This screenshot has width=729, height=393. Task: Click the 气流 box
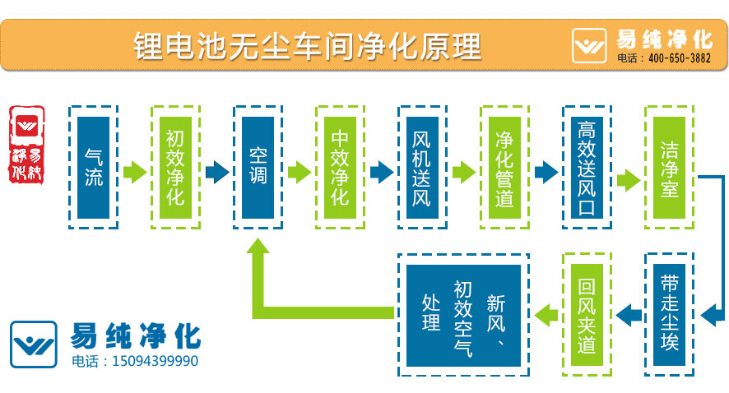coord(93,167)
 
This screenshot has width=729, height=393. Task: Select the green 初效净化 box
coord(175,167)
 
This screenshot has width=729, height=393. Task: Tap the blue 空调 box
coord(258,167)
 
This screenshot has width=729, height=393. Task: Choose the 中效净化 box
coord(340,167)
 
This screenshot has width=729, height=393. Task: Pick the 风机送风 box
coord(422,167)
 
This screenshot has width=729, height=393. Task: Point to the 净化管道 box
coord(504,167)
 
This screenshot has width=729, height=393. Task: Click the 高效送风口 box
coord(587,167)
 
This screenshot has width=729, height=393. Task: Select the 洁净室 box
coord(669,167)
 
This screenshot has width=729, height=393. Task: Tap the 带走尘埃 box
coord(669,314)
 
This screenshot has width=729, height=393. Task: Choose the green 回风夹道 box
coord(587,314)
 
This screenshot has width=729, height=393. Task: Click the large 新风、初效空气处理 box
coord(463,314)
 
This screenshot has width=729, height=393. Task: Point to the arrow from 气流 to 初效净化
coord(134,172)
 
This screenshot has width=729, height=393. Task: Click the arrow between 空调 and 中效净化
coord(299,172)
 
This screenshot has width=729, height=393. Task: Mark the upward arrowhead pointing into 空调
coord(258,250)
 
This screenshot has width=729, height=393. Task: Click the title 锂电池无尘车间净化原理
coord(306,44)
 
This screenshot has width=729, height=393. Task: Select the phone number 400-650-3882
coord(679,58)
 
